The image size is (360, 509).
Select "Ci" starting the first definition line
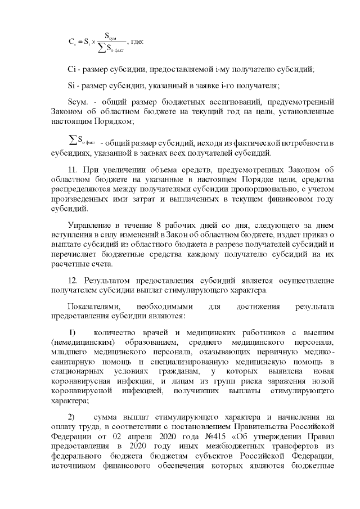point(71,69)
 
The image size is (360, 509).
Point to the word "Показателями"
point(91,307)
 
